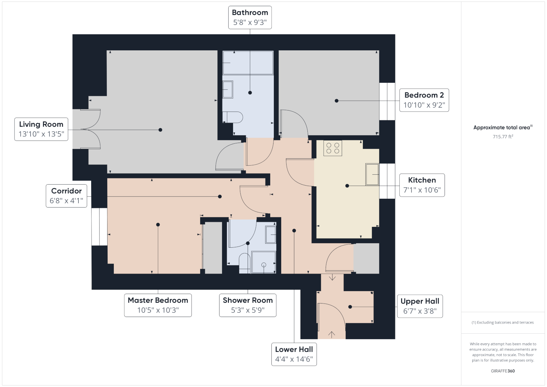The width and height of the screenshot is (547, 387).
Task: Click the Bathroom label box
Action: (x=250, y=18)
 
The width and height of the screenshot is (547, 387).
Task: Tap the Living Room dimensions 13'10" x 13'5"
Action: (x=41, y=134)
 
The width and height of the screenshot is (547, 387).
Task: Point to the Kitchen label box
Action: (x=422, y=185)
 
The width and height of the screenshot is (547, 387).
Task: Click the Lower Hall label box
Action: (x=294, y=354)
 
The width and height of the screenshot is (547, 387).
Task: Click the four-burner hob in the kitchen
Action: (x=333, y=148)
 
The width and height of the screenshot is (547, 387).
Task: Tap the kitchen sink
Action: (x=372, y=174)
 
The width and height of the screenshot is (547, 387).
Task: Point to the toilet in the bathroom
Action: (x=233, y=117)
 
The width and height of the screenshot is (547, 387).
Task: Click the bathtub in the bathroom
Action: (x=248, y=63)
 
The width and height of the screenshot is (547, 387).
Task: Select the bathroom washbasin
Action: (x=228, y=89)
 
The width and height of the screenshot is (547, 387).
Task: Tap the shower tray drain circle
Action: (x=264, y=265)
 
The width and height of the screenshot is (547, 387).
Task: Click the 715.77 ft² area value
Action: (x=503, y=136)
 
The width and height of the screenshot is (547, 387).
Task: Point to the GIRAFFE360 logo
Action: (x=503, y=371)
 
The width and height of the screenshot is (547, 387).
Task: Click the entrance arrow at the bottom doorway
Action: (x=331, y=334)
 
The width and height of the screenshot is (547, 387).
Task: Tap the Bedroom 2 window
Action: (x=387, y=101)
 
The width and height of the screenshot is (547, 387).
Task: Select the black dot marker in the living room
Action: (x=160, y=130)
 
